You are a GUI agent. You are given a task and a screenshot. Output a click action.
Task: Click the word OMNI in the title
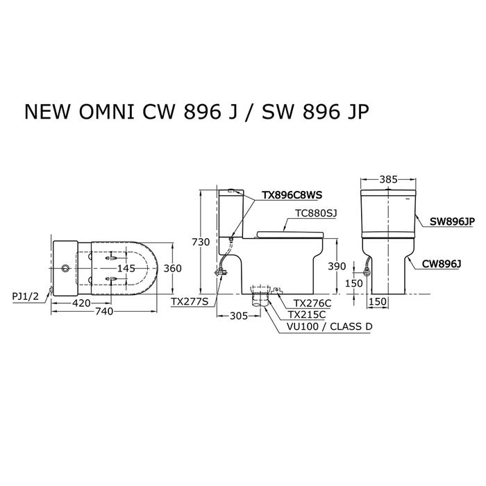click(107, 112)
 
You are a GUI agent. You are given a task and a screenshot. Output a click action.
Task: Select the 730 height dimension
click(201, 242)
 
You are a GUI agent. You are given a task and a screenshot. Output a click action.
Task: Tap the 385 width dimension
click(388, 179)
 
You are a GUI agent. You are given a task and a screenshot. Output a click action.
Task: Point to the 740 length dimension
click(104, 311)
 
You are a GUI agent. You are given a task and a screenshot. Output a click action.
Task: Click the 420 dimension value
click(81, 303)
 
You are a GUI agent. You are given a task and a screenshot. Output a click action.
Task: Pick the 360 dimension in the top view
click(172, 268)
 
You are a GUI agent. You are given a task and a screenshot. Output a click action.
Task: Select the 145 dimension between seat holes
click(126, 268)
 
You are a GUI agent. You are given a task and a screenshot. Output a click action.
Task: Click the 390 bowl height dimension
click(337, 266)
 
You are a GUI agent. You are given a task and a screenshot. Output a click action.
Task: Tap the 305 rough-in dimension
click(239, 316)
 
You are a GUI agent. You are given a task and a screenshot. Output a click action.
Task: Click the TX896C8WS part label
click(292, 195)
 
